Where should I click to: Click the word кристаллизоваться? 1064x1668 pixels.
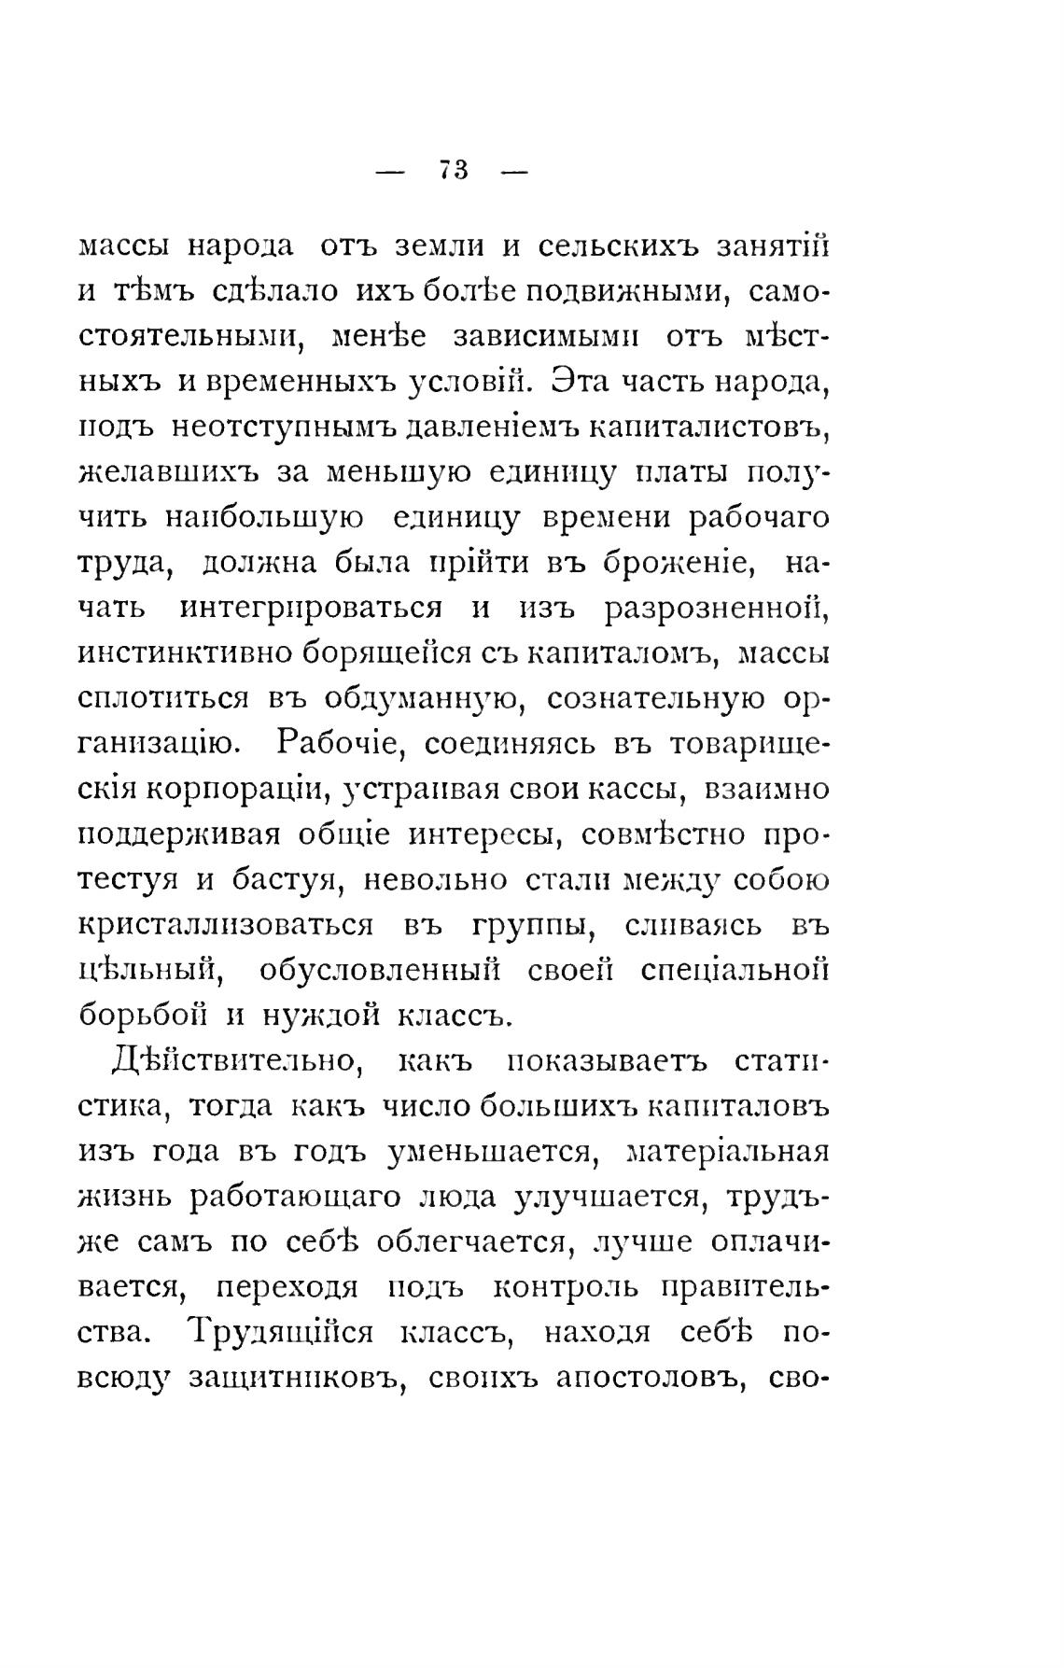(225, 926)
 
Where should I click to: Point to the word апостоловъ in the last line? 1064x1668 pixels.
(647, 1378)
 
